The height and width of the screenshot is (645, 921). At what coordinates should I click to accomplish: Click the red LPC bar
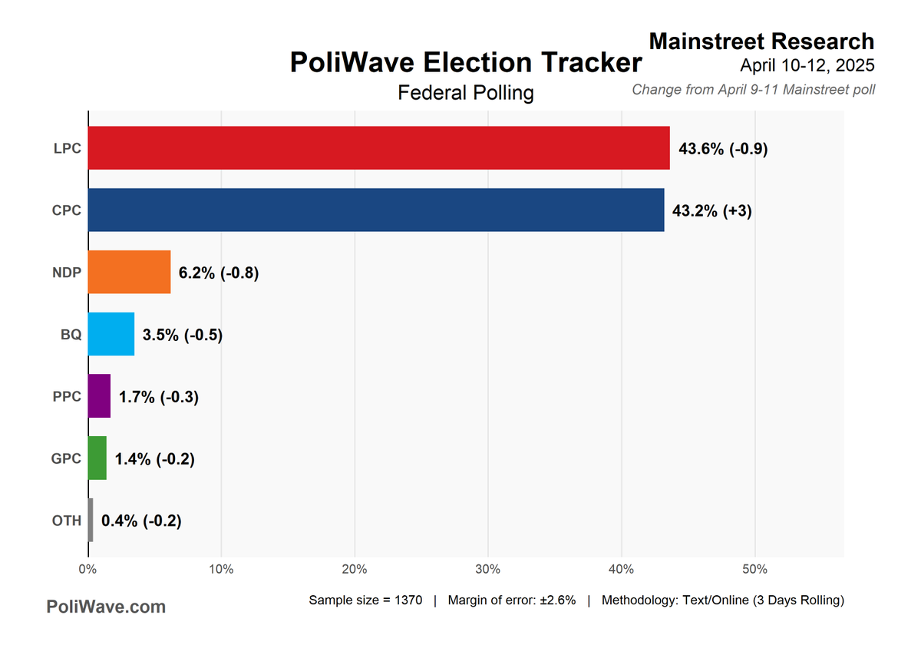point(378,148)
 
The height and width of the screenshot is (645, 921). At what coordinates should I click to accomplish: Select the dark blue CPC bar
point(376,210)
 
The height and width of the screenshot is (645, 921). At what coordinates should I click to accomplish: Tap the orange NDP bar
point(129,272)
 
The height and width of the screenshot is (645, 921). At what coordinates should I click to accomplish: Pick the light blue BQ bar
point(111,334)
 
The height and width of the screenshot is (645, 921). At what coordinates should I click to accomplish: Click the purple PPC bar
point(99,396)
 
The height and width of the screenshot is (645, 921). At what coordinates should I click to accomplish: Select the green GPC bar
point(97,458)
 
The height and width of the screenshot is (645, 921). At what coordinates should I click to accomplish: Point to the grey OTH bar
point(91,521)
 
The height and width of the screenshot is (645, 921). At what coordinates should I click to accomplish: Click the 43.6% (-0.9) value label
point(723,149)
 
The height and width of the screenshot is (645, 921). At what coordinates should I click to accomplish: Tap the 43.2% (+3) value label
point(711,210)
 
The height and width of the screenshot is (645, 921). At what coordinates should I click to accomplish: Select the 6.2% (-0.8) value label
point(219,273)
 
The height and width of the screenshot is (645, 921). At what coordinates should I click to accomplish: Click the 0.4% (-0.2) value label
point(141,521)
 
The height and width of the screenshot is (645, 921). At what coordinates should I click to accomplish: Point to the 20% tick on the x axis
point(355,570)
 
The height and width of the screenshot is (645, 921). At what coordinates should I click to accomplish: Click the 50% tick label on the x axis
point(754,570)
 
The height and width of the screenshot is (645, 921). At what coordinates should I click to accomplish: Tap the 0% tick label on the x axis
point(87,570)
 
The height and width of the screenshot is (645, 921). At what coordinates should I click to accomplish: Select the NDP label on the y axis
point(66,273)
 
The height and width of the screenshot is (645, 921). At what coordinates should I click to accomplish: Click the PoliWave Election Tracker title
point(465,63)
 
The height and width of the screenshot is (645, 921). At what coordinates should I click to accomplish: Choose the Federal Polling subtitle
point(465,93)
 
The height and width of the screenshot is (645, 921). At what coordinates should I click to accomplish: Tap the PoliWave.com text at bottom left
point(106,607)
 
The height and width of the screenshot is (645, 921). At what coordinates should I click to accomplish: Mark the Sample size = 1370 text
point(365,600)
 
